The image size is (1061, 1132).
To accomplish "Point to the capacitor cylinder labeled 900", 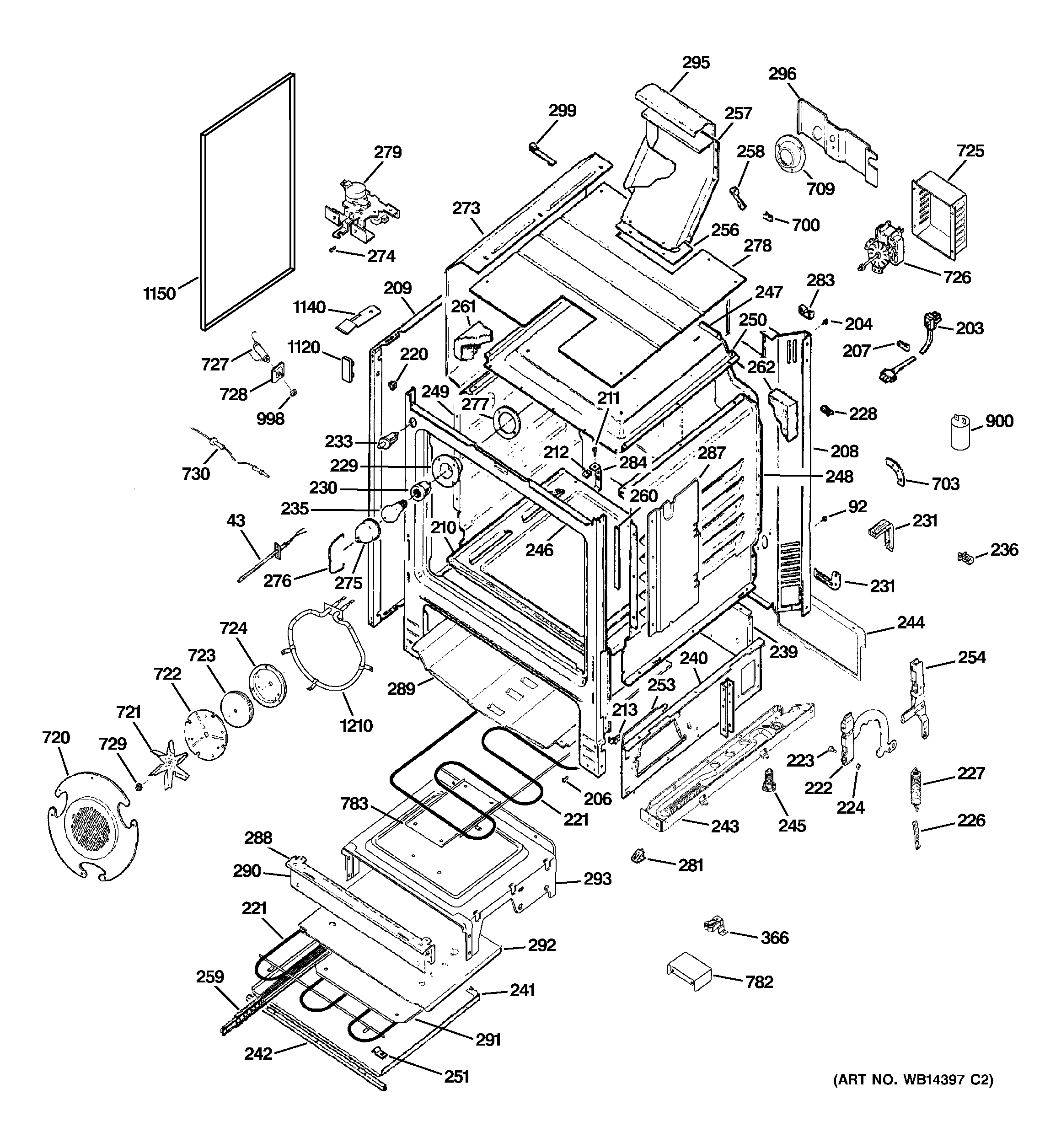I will [960, 435].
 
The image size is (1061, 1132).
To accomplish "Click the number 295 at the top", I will [696, 63].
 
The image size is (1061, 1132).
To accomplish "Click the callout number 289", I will [401, 689].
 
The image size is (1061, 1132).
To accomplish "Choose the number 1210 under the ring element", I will [357, 726].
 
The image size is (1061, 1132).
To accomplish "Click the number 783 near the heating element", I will [354, 804].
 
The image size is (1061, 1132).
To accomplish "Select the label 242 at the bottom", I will [258, 1054].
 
